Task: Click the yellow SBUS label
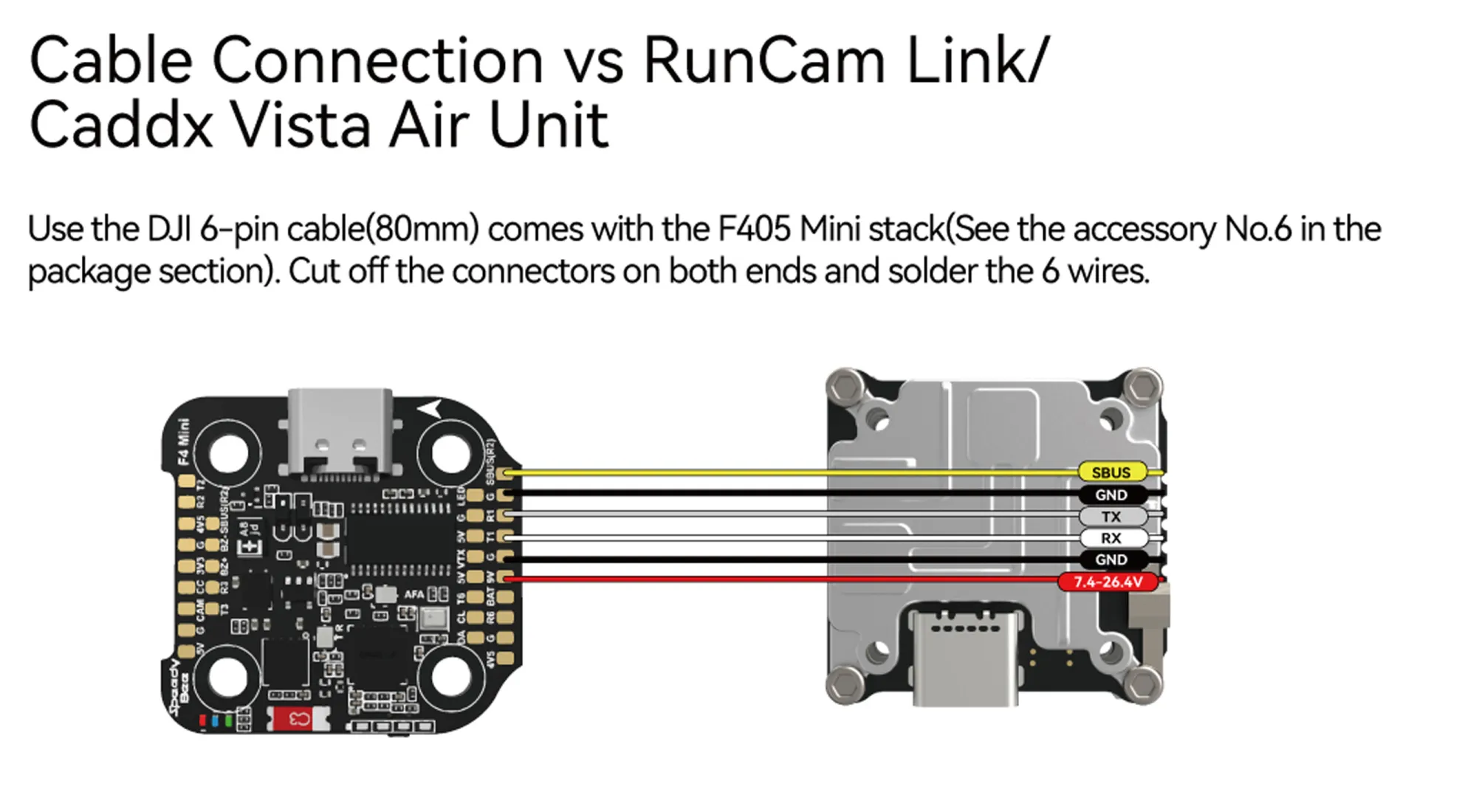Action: [1111, 472]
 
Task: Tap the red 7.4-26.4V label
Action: [1108, 582]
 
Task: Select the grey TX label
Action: [1111, 517]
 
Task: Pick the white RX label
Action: [1111, 538]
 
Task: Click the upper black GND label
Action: [1111, 495]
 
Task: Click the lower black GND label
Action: [1111, 559]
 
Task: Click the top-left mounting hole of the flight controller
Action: [228, 452]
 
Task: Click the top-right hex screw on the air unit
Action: [1142, 386]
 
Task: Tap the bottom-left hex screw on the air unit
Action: [845, 685]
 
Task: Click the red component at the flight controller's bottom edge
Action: [299, 718]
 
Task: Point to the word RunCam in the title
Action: [764, 61]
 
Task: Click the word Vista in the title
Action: [301, 125]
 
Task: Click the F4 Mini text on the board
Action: [183, 441]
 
